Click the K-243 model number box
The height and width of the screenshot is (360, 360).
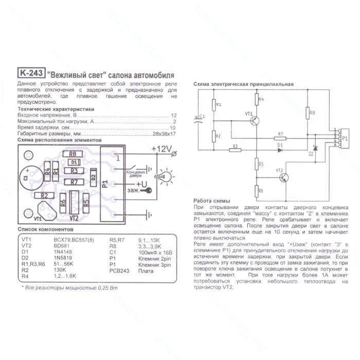30,73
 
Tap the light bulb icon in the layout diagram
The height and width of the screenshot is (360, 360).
166,176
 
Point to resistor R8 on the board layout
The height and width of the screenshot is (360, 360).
73,154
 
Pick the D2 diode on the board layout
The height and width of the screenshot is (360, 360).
93,177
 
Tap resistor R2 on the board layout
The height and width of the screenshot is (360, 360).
45,195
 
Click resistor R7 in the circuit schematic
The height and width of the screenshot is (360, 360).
280,139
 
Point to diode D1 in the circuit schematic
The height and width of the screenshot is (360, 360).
280,150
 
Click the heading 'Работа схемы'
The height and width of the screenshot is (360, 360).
211,201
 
